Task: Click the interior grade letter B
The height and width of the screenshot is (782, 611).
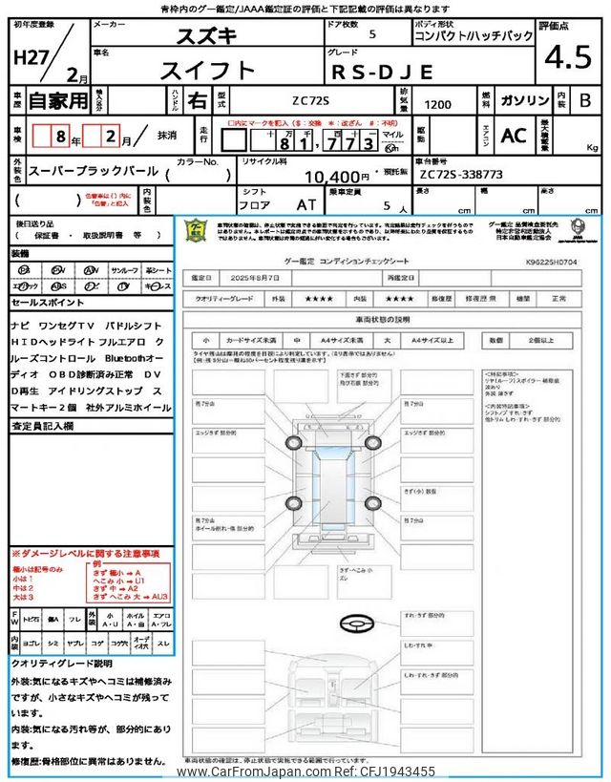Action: tap(585, 100)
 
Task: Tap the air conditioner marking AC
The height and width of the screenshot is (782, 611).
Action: tap(514, 137)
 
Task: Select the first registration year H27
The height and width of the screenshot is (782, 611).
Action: tap(32, 57)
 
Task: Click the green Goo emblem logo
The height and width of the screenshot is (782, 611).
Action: tap(195, 233)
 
